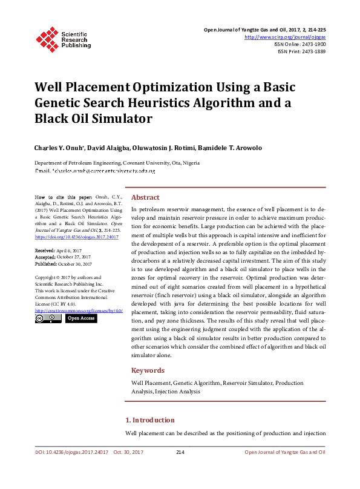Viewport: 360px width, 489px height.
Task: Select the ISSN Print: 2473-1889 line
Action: click(x=301, y=51)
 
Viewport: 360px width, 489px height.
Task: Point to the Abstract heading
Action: click(x=145, y=197)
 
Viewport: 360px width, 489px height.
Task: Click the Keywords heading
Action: click(x=148, y=370)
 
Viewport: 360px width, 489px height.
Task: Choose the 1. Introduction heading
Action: click(x=149, y=420)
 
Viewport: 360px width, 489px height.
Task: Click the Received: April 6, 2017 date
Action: click(x=58, y=250)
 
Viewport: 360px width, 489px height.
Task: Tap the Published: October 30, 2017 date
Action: click(x=63, y=264)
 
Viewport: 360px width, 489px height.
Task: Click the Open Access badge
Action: click(x=81, y=318)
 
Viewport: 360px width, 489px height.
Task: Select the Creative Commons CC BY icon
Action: click(x=47, y=318)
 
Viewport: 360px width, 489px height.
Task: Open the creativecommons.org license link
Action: click(x=79, y=310)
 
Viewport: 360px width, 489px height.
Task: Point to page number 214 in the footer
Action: click(x=180, y=453)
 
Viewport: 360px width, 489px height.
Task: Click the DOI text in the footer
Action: click(x=72, y=453)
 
